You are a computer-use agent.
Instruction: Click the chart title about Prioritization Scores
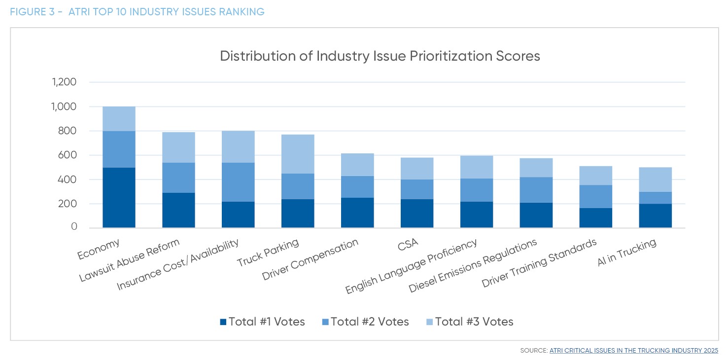(x=380, y=56)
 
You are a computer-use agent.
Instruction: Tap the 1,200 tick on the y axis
(x=64, y=82)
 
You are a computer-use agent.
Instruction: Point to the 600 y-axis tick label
(x=67, y=155)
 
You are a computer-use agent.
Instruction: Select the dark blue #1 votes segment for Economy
(x=119, y=197)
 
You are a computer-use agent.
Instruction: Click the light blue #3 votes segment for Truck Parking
(x=298, y=154)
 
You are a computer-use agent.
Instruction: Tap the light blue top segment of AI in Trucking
(x=655, y=180)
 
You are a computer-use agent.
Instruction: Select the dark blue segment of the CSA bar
(x=417, y=213)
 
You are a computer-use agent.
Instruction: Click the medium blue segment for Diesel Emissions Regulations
(x=536, y=190)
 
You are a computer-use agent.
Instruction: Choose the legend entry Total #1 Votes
(x=262, y=322)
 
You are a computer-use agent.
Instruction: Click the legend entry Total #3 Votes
(x=469, y=322)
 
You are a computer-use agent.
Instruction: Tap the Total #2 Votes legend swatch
(x=325, y=322)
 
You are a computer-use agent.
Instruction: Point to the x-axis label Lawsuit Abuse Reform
(x=129, y=261)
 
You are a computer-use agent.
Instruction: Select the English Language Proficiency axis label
(x=412, y=266)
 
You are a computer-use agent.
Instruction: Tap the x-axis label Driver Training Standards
(x=539, y=263)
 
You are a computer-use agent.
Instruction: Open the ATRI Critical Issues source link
(x=633, y=351)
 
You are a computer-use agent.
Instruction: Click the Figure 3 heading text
(x=137, y=12)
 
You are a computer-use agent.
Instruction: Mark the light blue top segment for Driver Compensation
(x=357, y=165)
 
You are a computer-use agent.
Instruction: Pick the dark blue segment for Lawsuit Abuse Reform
(x=178, y=210)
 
